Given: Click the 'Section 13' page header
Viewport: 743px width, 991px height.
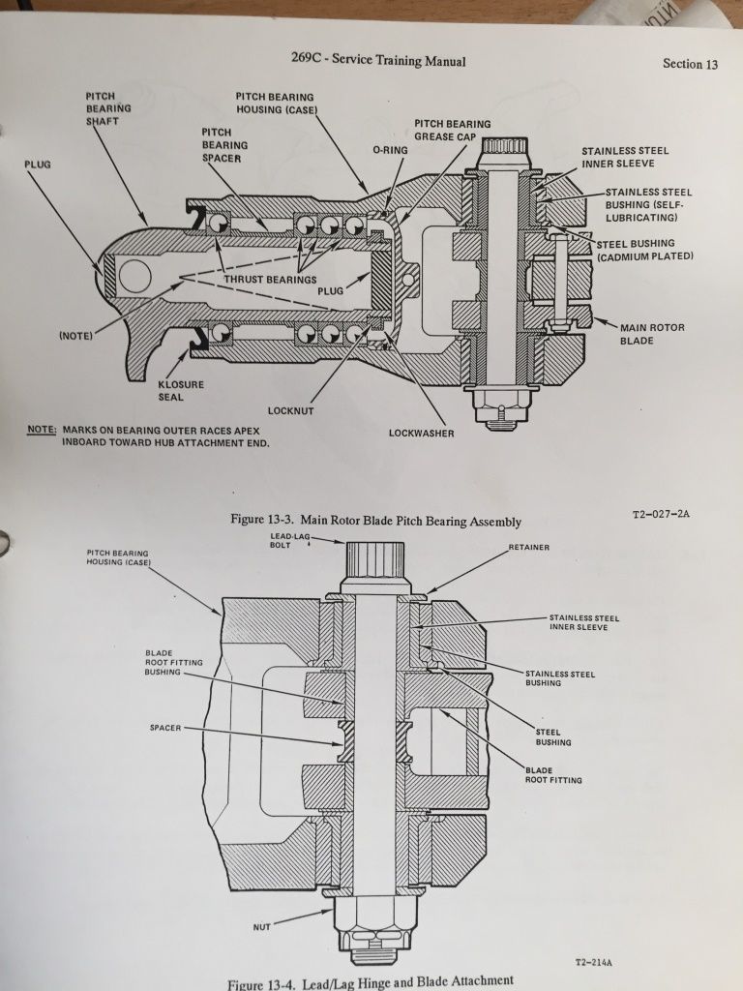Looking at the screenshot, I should pos(690,65).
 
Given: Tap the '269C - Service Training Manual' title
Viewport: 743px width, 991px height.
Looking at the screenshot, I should pos(378,60).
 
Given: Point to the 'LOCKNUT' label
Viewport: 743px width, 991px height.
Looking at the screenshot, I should pos(292,411).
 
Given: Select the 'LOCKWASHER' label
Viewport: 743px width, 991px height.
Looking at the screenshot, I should pos(421,434).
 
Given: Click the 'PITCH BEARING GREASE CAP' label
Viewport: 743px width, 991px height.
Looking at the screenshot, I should pos(452,131).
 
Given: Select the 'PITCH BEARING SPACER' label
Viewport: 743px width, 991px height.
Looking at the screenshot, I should pos(224,144).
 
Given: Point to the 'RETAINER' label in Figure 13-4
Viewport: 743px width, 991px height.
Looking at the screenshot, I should pos(528,548).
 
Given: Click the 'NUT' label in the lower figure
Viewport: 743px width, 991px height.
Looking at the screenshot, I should pos(261,927).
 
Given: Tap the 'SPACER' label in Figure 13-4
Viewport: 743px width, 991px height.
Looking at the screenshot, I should pos(166,726).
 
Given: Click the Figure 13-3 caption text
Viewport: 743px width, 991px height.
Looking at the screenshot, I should pos(375,521).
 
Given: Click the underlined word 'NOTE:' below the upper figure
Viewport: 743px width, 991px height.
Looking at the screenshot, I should pos(42,429).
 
